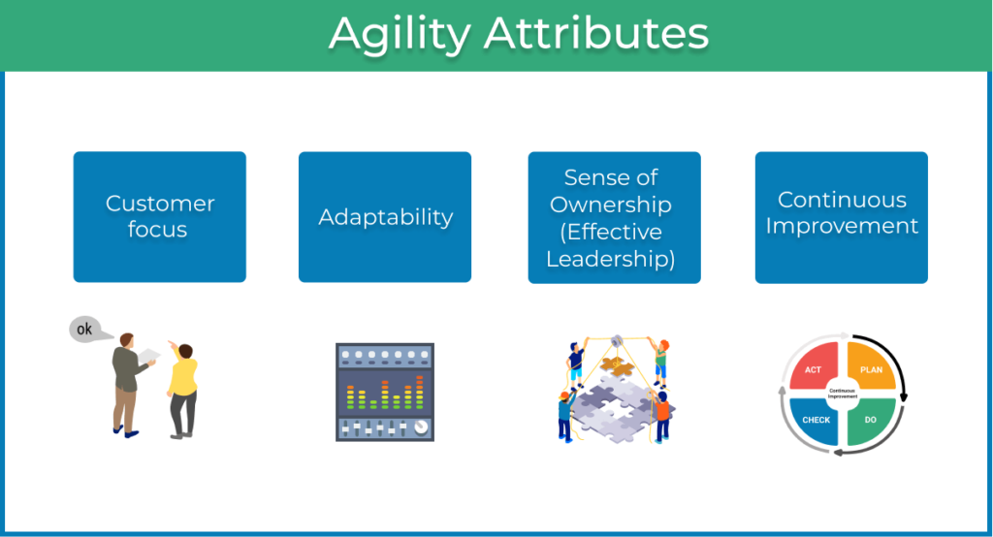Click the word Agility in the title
pos(400,34)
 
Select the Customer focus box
pos(160,216)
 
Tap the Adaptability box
pos(385,216)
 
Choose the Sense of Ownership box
pos(614,217)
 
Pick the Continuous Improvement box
pos(842,217)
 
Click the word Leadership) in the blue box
pos(611,259)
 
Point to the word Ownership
pos(611,205)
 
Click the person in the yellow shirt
pos(183,390)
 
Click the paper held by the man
pos(149,356)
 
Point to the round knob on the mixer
pos(421,427)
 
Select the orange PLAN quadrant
pos(870,367)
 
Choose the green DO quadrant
pos(870,420)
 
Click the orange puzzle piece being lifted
pos(617,364)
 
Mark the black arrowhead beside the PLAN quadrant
pos(904,397)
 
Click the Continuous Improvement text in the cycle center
pos(843,394)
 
